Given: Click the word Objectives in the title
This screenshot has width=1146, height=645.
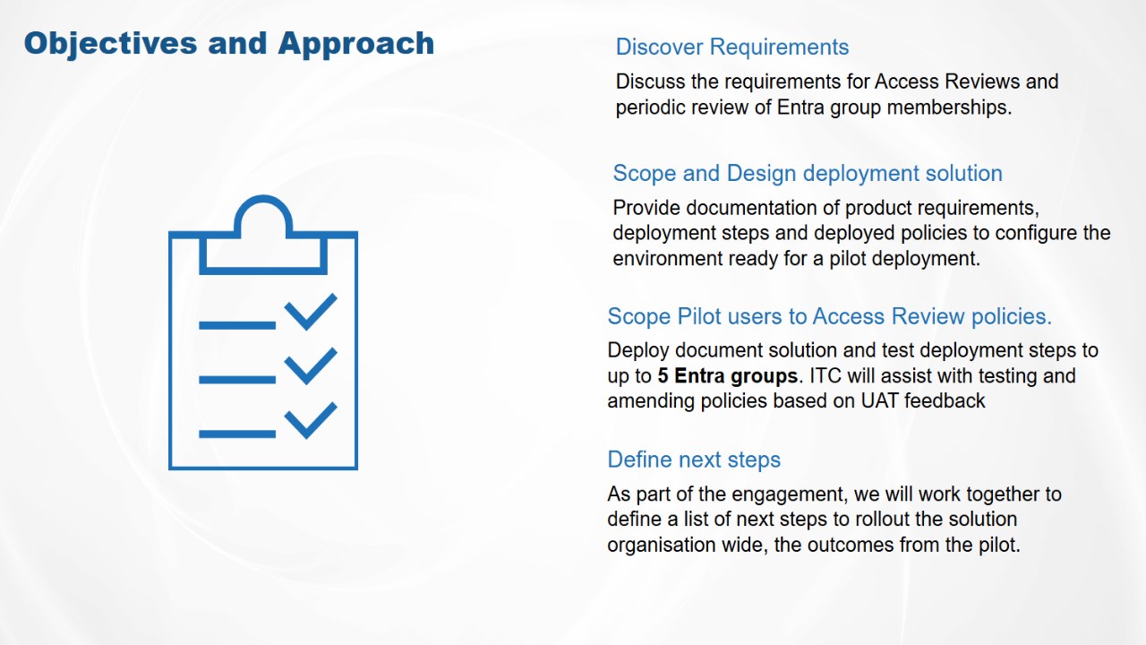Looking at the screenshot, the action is (x=110, y=44).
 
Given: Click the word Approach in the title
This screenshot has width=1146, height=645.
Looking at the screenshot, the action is (x=356, y=45).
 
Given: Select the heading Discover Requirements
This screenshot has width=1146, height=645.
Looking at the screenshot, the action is (x=732, y=47).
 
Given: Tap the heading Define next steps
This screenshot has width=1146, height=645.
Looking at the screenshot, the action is (x=694, y=460).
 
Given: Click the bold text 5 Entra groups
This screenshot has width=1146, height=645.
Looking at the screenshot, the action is (x=728, y=375).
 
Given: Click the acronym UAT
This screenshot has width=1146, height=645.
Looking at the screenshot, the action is (x=879, y=400).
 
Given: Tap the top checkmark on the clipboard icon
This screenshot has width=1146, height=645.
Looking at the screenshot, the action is (x=311, y=312).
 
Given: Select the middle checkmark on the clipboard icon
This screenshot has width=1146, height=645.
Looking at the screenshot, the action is (x=311, y=366).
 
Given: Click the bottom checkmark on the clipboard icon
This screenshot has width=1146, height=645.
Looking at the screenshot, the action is (x=311, y=420).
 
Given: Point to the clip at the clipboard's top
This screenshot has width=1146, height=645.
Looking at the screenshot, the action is (x=263, y=235).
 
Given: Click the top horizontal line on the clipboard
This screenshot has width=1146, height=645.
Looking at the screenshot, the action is (x=237, y=325).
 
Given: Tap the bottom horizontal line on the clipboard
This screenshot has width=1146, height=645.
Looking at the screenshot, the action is (x=237, y=434).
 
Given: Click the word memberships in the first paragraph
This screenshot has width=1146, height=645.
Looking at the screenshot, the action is (x=948, y=107).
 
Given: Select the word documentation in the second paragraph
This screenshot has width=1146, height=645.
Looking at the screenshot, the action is (x=751, y=208).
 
